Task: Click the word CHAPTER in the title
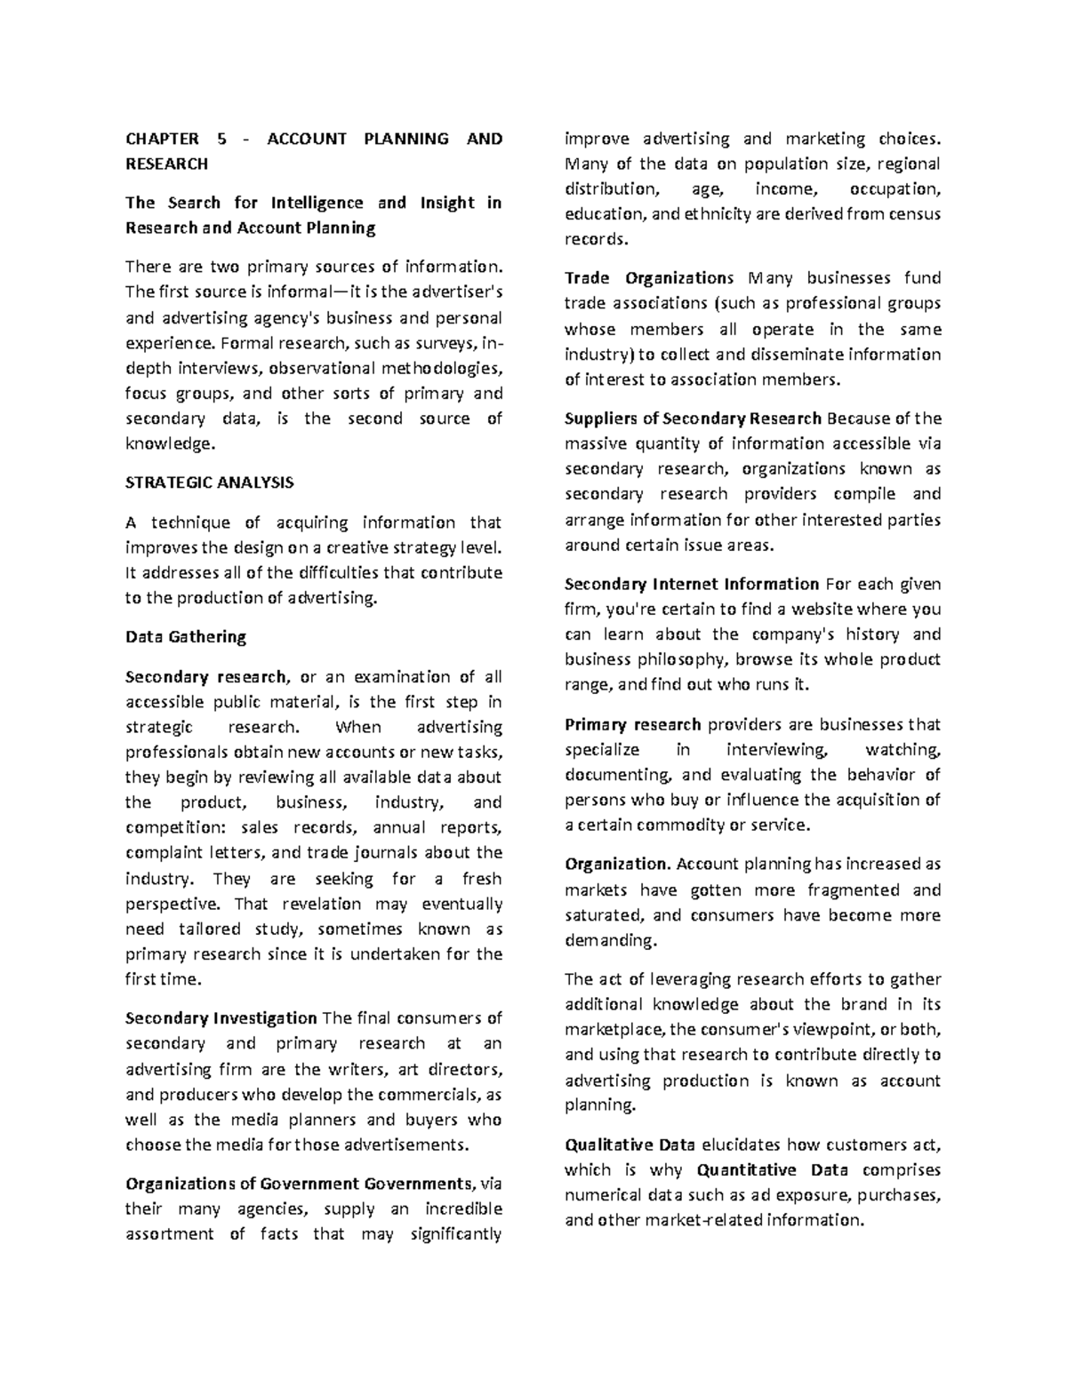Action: point(162,139)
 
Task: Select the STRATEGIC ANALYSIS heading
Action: point(209,483)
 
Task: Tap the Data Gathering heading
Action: point(185,636)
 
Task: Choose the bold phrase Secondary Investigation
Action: point(221,1017)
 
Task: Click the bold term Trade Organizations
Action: point(649,278)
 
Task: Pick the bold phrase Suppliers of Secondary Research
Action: point(693,419)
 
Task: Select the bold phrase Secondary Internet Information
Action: point(692,584)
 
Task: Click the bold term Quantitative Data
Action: point(773,1169)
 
